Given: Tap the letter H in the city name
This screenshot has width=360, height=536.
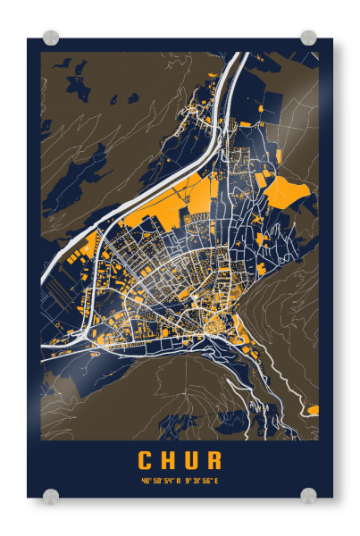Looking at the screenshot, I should click(x=169, y=460).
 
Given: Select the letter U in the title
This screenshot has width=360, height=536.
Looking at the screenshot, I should click(x=191, y=460).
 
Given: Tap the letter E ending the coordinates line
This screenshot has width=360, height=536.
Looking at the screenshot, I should click(x=216, y=481).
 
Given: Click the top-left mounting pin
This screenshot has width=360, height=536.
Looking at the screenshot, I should click(x=51, y=38).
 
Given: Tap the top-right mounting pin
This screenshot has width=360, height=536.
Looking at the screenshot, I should click(x=308, y=38).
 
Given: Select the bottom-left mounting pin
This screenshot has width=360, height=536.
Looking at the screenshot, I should click(x=51, y=496).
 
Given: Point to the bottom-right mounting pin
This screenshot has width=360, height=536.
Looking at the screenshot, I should click(x=308, y=496).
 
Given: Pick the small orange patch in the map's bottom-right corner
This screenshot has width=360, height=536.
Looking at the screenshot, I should click(x=313, y=410).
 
